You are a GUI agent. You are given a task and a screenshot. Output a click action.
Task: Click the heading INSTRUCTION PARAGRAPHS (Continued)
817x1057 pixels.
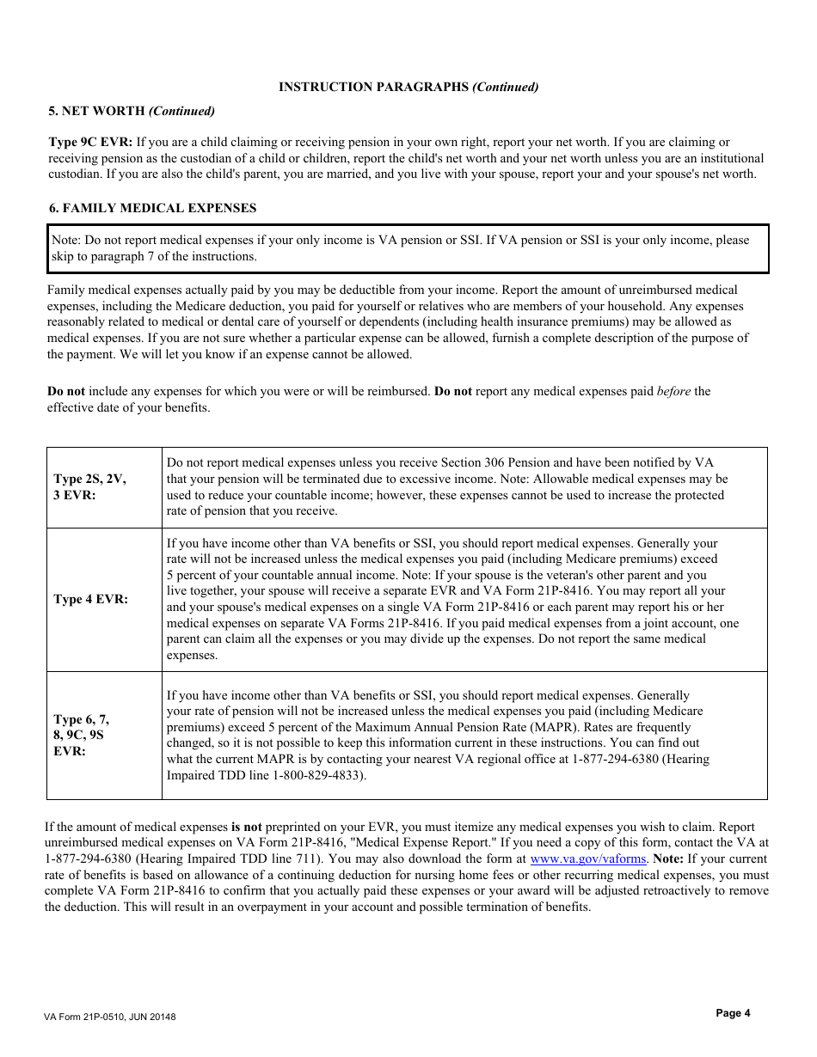(408, 87)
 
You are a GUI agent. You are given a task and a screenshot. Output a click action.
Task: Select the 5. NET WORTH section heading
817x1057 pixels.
(131, 111)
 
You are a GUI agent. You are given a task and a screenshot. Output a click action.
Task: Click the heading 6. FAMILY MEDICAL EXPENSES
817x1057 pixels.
(151, 208)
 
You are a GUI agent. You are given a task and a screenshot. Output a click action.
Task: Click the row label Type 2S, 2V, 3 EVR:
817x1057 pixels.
(89, 487)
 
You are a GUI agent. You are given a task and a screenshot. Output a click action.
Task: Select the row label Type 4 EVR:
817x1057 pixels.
(90, 599)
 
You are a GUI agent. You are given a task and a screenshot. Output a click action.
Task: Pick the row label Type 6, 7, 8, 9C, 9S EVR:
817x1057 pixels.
(81, 735)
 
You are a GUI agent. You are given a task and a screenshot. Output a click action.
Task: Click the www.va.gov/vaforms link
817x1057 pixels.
(588, 858)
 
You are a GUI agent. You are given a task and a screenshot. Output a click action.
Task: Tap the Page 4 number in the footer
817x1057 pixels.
(733, 1013)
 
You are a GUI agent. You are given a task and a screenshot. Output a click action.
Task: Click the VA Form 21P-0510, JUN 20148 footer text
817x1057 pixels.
(109, 1017)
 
